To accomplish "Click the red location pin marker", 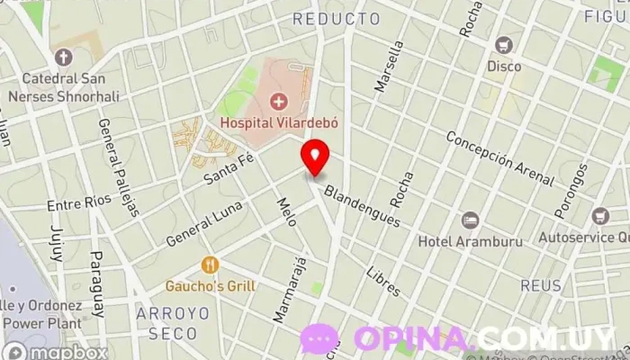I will tap(315, 157).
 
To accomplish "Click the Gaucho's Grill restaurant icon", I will tap(211, 265).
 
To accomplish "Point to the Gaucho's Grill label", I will tap(211, 286).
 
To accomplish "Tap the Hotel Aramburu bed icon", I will tap(470, 220).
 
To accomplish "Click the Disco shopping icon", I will tap(504, 44).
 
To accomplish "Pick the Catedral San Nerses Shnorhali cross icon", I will tap(63, 57).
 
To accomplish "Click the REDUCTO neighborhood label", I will tap(337, 18).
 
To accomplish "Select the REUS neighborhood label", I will tap(540, 286).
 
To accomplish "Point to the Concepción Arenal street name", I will tap(499, 156).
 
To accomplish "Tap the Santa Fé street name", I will tap(229, 167).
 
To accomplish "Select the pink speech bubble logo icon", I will tap(319, 338).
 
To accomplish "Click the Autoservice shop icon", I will tap(601, 216).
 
